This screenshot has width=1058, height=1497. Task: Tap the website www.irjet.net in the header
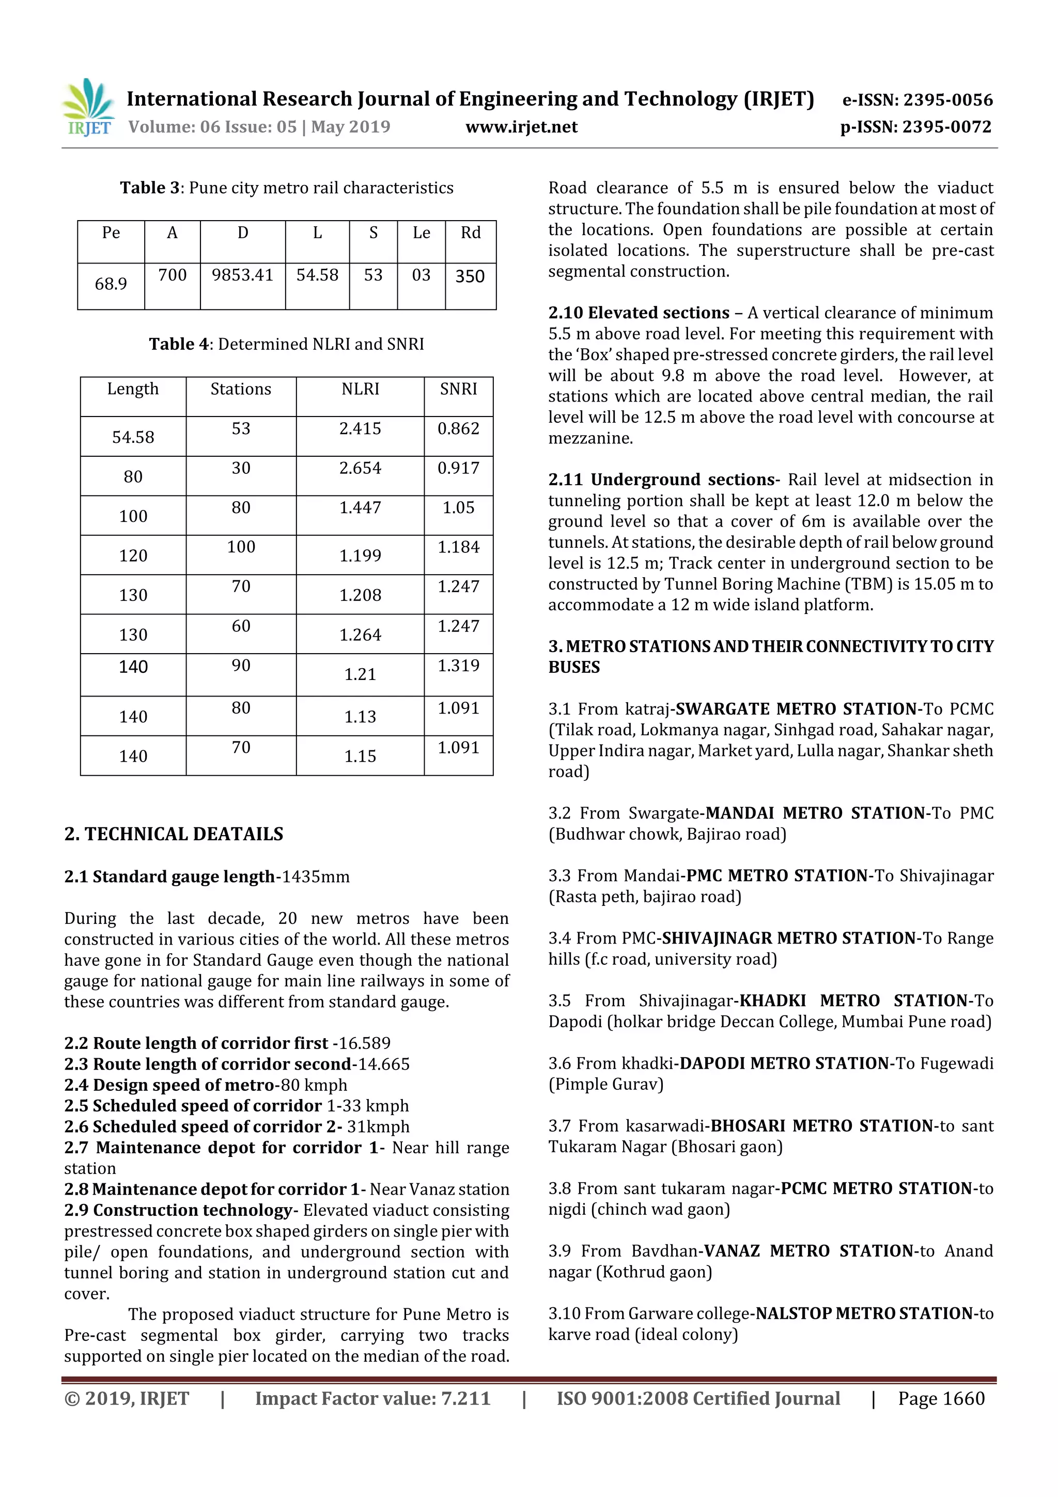[521, 127]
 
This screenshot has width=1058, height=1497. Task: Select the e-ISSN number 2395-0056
[947, 100]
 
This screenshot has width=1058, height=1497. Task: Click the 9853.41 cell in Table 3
[242, 275]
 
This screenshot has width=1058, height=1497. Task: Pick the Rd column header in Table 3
[470, 233]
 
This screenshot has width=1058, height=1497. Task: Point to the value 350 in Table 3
[470, 276]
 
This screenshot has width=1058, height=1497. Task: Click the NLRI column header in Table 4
[360, 389]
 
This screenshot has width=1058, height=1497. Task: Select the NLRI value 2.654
[360, 468]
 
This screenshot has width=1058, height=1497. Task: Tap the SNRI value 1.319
[458, 666]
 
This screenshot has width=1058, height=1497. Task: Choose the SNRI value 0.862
[458, 428]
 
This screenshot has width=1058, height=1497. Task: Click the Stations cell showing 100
[241, 547]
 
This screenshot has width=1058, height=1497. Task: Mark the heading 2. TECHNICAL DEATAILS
[174, 834]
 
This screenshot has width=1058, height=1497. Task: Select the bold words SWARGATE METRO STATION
[796, 709]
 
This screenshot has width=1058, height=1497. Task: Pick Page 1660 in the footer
[941, 1398]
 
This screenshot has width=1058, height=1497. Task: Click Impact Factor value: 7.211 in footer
[372, 1398]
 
